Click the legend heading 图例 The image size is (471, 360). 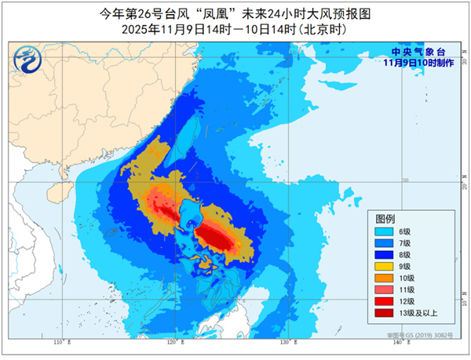click(385, 218)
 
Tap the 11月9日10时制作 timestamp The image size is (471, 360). click(422, 62)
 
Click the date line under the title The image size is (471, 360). click(235, 28)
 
